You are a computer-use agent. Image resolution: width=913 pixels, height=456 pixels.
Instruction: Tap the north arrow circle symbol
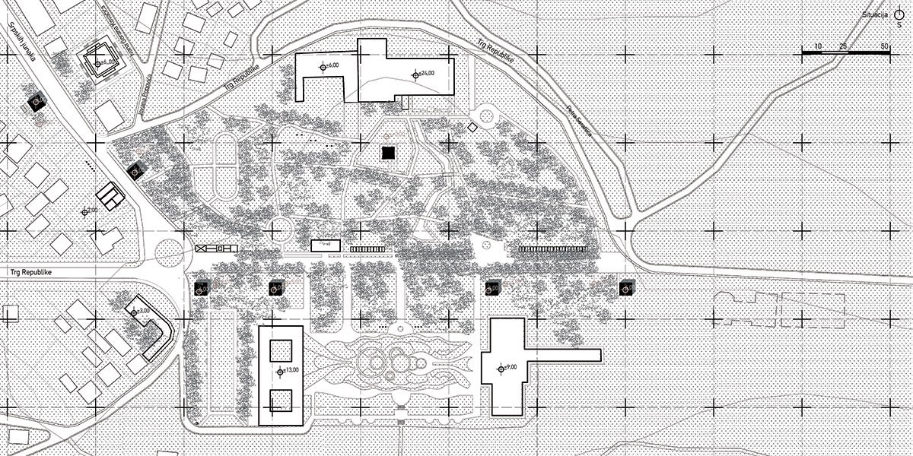pyautogui.click(x=899, y=14)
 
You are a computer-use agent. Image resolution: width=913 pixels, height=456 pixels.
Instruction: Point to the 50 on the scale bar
pyautogui.click(x=884, y=47)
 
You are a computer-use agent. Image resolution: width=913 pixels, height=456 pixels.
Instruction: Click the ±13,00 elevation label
pyautogui.click(x=288, y=371)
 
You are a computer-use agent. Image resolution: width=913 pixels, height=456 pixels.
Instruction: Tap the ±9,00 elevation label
pyautogui.click(x=507, y=368)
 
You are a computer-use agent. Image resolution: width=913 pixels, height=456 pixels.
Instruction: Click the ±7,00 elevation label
pyautogui.click(x=89, y=211)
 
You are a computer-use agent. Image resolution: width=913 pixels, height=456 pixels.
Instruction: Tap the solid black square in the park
pyautogui.click(x=389, y=153)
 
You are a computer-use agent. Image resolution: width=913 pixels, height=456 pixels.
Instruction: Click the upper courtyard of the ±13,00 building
pyautogui.click(x=282, y=350)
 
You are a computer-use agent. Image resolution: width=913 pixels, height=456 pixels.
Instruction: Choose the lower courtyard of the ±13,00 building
pyautogui.click(x=282, y=401)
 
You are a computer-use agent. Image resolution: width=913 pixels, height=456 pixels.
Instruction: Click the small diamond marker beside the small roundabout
pyautogui.click(x=472, y=128)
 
